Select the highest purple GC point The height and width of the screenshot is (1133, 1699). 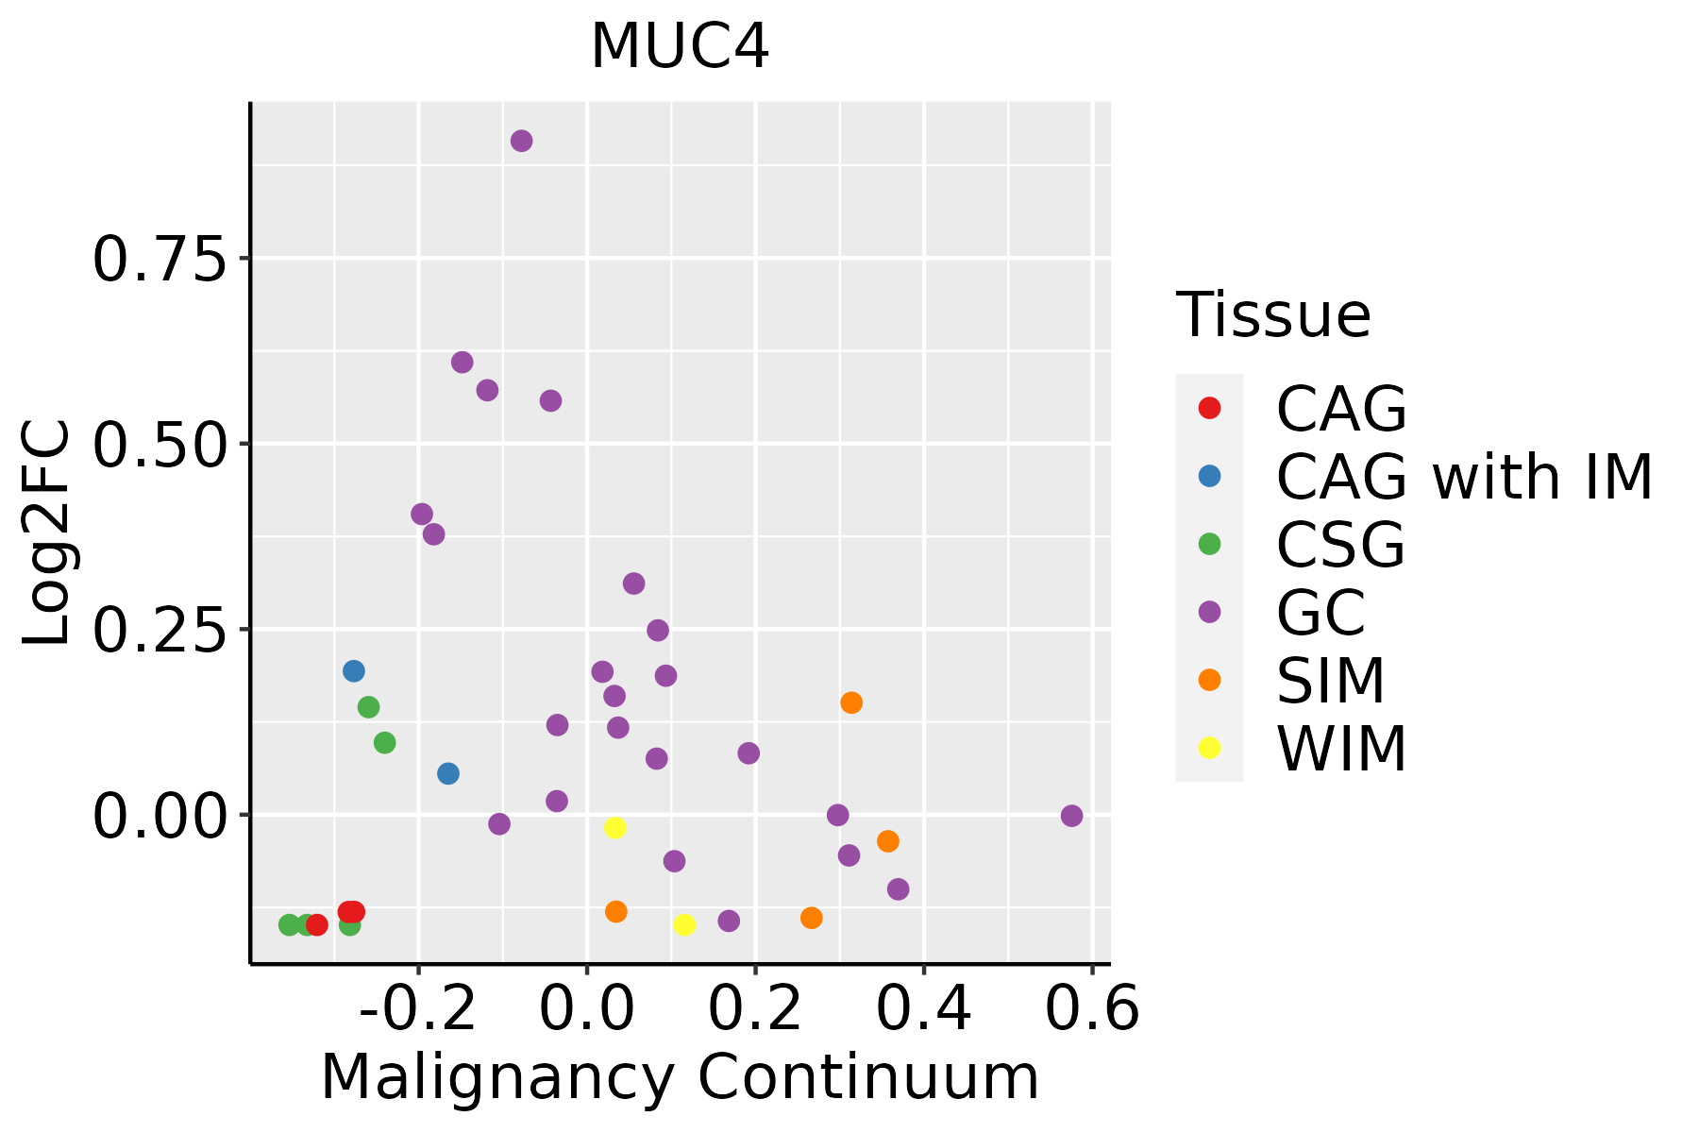point(521,141)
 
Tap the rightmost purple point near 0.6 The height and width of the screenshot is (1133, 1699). point(1071,816)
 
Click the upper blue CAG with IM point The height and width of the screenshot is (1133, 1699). point(354,671)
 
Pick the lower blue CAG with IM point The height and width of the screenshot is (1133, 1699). point(448,773)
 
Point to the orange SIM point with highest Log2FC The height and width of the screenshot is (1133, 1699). point(851,702)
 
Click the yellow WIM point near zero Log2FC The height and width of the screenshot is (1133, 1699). point(615,828)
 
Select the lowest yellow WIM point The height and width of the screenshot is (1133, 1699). point(684,924)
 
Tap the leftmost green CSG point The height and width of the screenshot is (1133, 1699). point(290,924)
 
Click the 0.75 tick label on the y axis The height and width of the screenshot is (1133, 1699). point(160,260)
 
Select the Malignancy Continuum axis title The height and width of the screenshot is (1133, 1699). point(680,1078)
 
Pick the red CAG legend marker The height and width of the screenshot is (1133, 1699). point(1209,408)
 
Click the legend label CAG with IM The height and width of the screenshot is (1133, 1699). point(1464,477)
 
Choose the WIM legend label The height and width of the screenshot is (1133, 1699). point(1341,749)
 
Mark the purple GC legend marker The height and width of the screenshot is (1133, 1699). point(1209,612)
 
